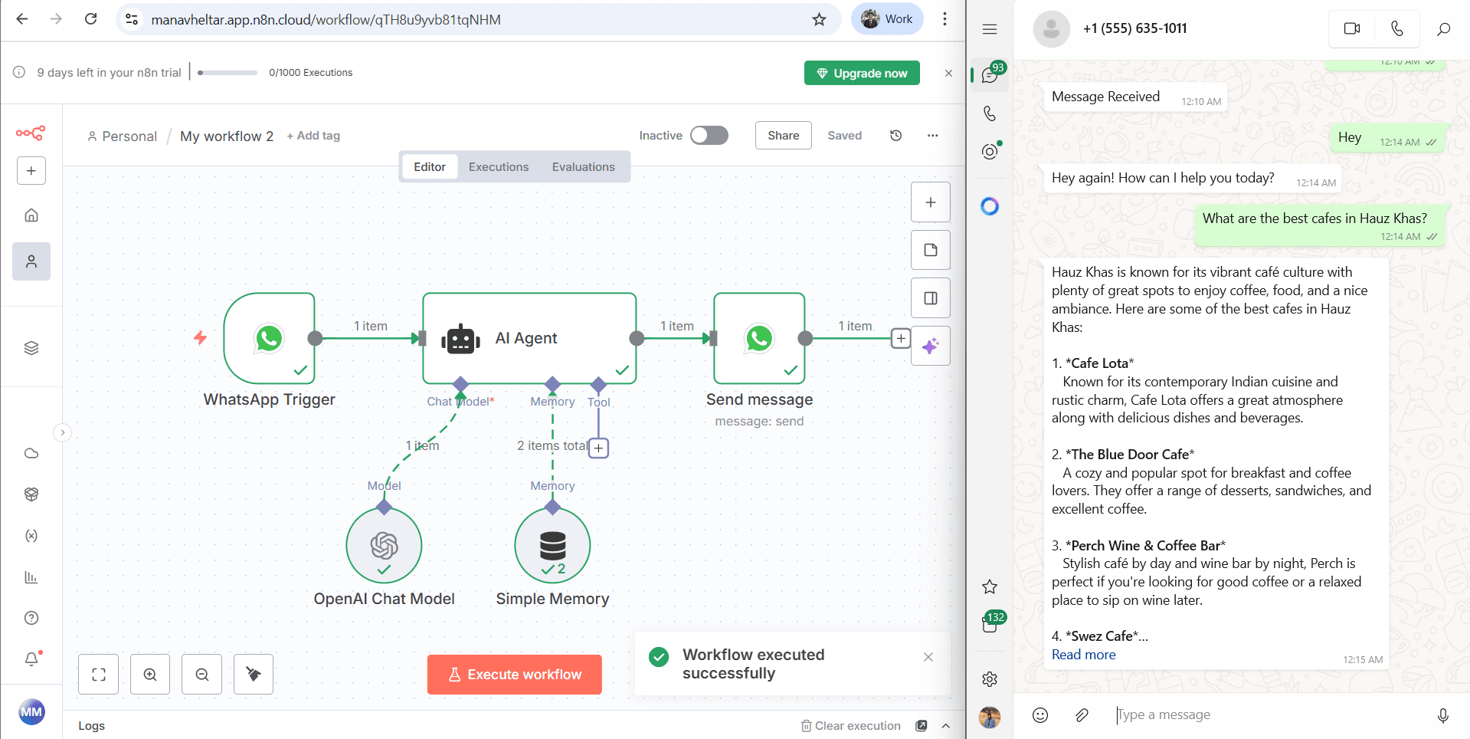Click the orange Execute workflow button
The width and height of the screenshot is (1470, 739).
(514, 675)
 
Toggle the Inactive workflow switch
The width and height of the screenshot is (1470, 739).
(709, 136)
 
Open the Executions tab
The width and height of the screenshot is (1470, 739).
(498, 167)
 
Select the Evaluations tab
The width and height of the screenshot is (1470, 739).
(583, 167)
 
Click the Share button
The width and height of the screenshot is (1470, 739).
(783, 136)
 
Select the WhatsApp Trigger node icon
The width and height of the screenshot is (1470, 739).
(269, 338)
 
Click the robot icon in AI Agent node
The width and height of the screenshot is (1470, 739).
(460, 339)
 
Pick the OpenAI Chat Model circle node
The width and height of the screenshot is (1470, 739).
(384, 546)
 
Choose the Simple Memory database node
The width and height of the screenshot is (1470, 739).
(552, 546)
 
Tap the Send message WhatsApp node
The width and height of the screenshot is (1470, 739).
(759, 338)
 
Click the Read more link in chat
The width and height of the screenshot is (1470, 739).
(1083, 655)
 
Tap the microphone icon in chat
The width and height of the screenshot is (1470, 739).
(1442, 715)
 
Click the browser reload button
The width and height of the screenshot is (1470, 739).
(90, 19)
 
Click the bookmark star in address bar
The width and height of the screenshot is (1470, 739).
(819, 19)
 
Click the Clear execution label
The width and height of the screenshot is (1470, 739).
(856, 726)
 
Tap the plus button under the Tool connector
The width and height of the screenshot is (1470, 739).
(598, 448)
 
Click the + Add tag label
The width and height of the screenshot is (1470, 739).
(313, 136)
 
